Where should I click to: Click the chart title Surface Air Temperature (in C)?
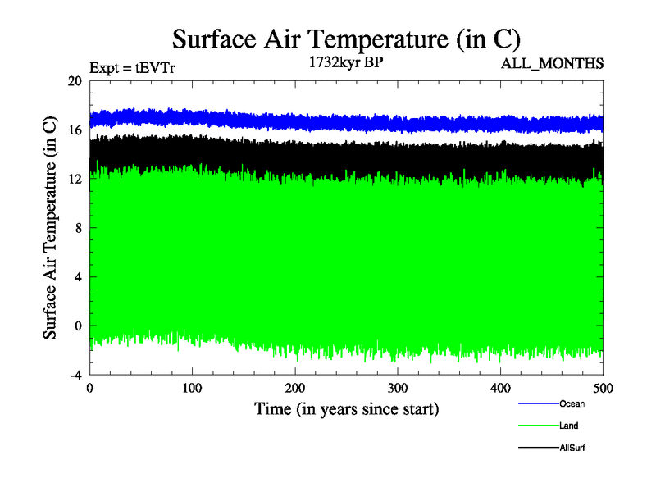pyautogui.click(x=346, y=39)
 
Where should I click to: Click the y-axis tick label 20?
pyautogui.click(x=75, y=81)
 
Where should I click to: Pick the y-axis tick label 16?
pyautogui.click(x=75, y=130)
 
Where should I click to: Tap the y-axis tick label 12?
pyautogui.click(x=75, y=179)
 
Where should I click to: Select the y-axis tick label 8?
pyautogui.click(x=78, y=228)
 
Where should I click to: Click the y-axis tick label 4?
pyautogui.click(x=78, y=276)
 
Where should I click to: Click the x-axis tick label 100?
pyautogui.click(x=192, y=387)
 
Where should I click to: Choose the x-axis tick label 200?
pyautogui.click(x=295, y=387)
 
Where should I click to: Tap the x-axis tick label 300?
pyautogui.click(x=398, y=387)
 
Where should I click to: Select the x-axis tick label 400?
pyautogui.click(x=500, y=387)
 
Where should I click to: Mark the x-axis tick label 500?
pyautogui.click(x=603, y=387)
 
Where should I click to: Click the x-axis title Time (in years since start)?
pyautogui.click(x=346, y=408)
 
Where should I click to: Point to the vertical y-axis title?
pyautogui.click(x=50, y=228)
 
